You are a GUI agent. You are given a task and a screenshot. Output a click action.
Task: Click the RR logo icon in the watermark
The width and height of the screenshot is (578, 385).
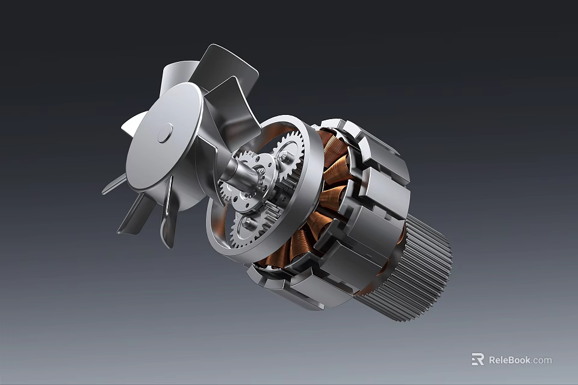[x=477, y=360]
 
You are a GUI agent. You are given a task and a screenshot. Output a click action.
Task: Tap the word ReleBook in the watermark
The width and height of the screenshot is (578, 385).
[x=509, y=360]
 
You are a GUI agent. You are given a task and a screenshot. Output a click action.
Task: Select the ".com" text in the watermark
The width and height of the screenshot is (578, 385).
[x=541, y=360]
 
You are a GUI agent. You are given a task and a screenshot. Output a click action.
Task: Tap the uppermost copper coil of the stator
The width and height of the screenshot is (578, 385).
[x=332, y=144]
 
